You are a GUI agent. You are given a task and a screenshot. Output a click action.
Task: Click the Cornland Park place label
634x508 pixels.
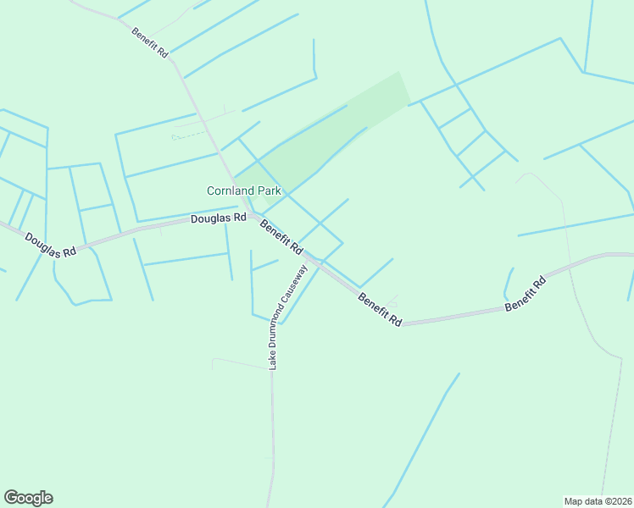pyautogui.click(x=244, y=190)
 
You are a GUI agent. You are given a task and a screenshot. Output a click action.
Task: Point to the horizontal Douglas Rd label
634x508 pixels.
pyautogui.click(x=218, y=218)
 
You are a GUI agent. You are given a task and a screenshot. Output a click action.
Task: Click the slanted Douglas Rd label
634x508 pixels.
pyautogui.click(x=50, y=245)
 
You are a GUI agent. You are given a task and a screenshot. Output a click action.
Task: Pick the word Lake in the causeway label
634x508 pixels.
pyautogui.click(x=274, y=360)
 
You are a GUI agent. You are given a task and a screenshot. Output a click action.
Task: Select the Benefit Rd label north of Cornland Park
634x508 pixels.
pyautogui.click(x=150, y=42)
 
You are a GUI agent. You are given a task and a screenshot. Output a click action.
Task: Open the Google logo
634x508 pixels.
pyautogui.click(x=28, y=498)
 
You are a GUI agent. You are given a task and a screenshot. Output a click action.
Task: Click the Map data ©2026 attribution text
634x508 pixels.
pyautogui.click(x=598, y=500)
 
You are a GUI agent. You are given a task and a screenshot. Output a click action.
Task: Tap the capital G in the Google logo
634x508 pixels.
pyautogui.click(x=10, y=498)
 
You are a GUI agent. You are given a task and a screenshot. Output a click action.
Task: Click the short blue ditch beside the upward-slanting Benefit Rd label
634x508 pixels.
pyautogui.click(x=509, y=283)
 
